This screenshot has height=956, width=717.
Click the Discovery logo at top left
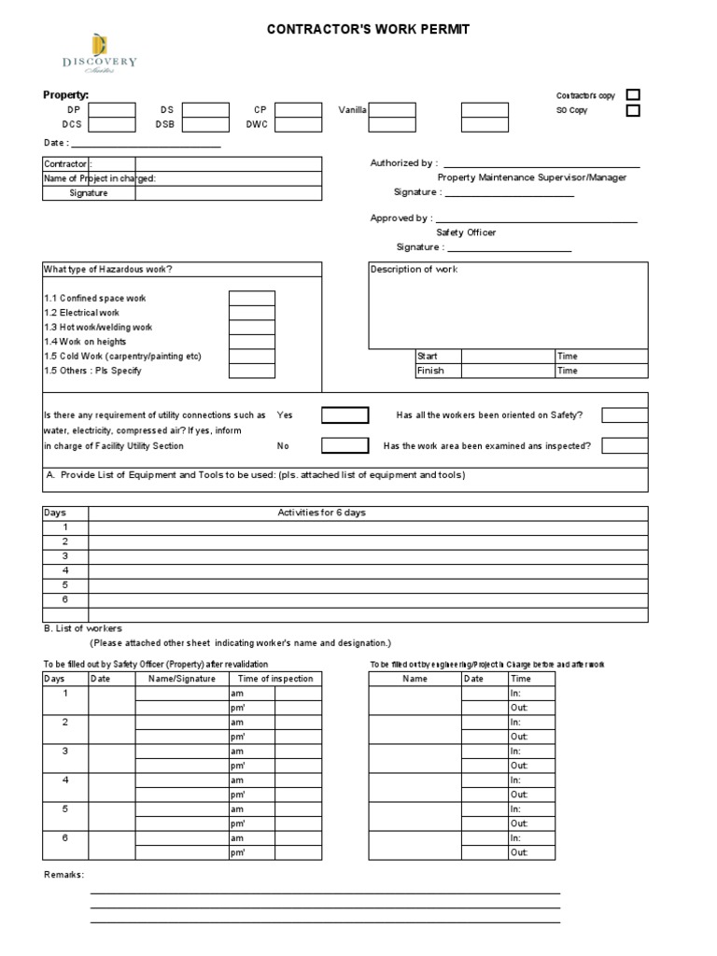pos(99,53)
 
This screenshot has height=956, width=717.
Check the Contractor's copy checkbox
pos(633,95)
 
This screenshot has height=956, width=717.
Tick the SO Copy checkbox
pos(633,111)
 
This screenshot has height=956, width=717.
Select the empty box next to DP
pos(112,110)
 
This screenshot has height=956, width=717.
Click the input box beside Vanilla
pos(392,110)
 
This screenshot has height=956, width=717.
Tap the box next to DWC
pos(299,124)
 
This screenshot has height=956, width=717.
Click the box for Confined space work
pos(252,298)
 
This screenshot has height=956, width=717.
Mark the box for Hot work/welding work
pos(252,327)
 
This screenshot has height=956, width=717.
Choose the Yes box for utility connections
pos(345,415)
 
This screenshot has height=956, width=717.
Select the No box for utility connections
pos(345,445)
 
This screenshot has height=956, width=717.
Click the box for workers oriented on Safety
pos(625,415)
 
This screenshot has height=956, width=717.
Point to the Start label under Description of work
pos(428,356)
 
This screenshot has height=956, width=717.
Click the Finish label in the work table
pos(430,371)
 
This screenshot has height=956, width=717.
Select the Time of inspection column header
pos(275,679)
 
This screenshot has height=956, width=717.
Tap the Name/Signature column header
pos(182,679)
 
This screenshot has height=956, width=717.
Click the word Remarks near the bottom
pos(63,875)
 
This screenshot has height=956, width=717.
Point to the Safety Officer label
pos(466,232)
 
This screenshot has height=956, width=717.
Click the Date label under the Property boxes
pos(54,143)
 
